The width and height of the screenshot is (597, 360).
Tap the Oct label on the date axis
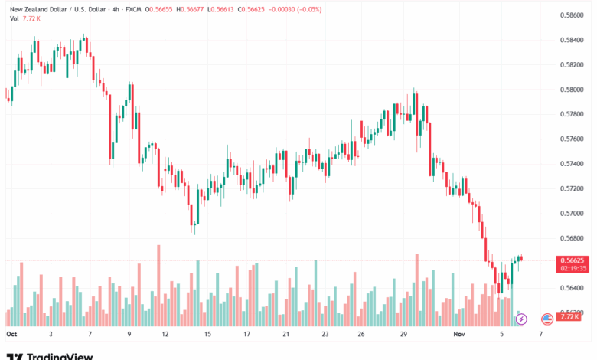pyautogui.click(x=11, y=335)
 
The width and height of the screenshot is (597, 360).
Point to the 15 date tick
pyautogui.click(x=207, y=335)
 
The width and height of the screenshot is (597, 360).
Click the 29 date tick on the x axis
pyautogui.click(x=403, y=335)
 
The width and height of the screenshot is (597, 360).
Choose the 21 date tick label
pyautogui.click(x=285, y=335)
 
